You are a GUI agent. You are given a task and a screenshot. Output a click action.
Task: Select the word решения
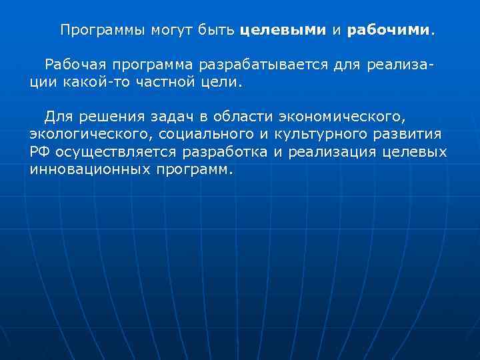[105, 117]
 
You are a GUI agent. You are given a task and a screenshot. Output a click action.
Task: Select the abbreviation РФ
[39, 152]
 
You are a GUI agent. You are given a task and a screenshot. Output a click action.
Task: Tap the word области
[226, 117]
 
